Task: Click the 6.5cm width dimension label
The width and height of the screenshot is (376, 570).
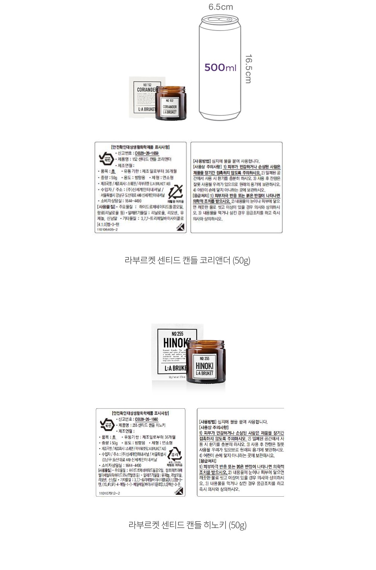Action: coord(220,7)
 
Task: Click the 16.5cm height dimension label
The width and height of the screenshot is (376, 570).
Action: coord(249,69)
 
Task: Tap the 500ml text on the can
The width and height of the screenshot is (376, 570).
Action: coord(220,67)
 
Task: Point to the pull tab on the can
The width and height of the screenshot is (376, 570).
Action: coord(215,19)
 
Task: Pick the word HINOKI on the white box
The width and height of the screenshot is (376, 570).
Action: coord(176,343)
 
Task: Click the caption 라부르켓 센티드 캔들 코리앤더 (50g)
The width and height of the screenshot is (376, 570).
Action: coord(187,260)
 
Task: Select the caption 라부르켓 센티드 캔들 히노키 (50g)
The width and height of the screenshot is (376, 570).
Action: coord(187,525)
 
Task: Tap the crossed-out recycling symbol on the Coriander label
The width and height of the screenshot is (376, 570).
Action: coord(175,191)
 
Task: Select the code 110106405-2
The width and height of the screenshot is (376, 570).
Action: coord(107,230)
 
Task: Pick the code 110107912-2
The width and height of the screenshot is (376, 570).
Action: coord(109,493)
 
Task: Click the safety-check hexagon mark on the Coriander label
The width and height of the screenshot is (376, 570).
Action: coord(106,159)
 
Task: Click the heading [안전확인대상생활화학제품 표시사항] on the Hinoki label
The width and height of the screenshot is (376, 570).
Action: coord(140,413)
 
